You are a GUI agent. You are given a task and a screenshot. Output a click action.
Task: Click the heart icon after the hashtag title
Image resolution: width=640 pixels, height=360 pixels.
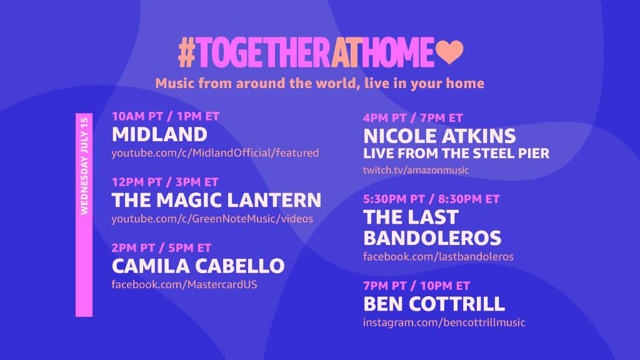tap(449, 53)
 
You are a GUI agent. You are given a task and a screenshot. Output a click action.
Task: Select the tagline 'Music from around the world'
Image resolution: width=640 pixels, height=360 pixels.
tap(319, 83)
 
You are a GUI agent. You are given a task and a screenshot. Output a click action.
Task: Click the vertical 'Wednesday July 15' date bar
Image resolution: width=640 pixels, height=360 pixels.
tap(84, 215)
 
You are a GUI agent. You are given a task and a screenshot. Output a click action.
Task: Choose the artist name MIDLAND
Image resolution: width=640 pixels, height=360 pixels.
tap(159, 134)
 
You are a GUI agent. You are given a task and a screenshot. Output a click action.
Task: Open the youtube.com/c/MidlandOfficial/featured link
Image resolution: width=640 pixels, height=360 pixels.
tap(215, 153)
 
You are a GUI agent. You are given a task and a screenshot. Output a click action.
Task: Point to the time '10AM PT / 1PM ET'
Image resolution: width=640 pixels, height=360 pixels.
tap(166, 116)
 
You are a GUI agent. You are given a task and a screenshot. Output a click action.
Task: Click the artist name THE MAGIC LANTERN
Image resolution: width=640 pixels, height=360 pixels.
tap(216, 200)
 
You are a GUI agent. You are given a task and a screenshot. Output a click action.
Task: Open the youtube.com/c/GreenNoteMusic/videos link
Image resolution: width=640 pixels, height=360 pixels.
tap(212, 219)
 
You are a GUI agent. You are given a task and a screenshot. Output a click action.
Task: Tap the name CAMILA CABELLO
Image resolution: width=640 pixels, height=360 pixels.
tap(198, 266)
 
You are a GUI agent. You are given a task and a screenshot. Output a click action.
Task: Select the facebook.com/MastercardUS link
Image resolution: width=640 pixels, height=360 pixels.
tap(184, 284)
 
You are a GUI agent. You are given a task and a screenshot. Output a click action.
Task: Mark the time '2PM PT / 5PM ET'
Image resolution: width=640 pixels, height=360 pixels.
tap(161, 247)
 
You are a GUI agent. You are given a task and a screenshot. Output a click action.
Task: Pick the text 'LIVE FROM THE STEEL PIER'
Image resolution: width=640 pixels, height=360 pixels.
tap(456, 153)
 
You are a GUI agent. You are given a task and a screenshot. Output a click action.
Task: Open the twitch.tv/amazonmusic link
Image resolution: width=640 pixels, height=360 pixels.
tap(416, 170)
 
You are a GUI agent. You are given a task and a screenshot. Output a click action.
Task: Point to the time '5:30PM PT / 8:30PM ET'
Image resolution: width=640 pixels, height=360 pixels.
tap(431, 199)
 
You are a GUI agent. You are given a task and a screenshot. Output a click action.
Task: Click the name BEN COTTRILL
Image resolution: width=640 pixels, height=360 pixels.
tap(434, 304)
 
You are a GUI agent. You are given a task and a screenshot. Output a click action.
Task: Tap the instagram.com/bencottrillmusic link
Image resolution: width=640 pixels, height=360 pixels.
tap(444, 322)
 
